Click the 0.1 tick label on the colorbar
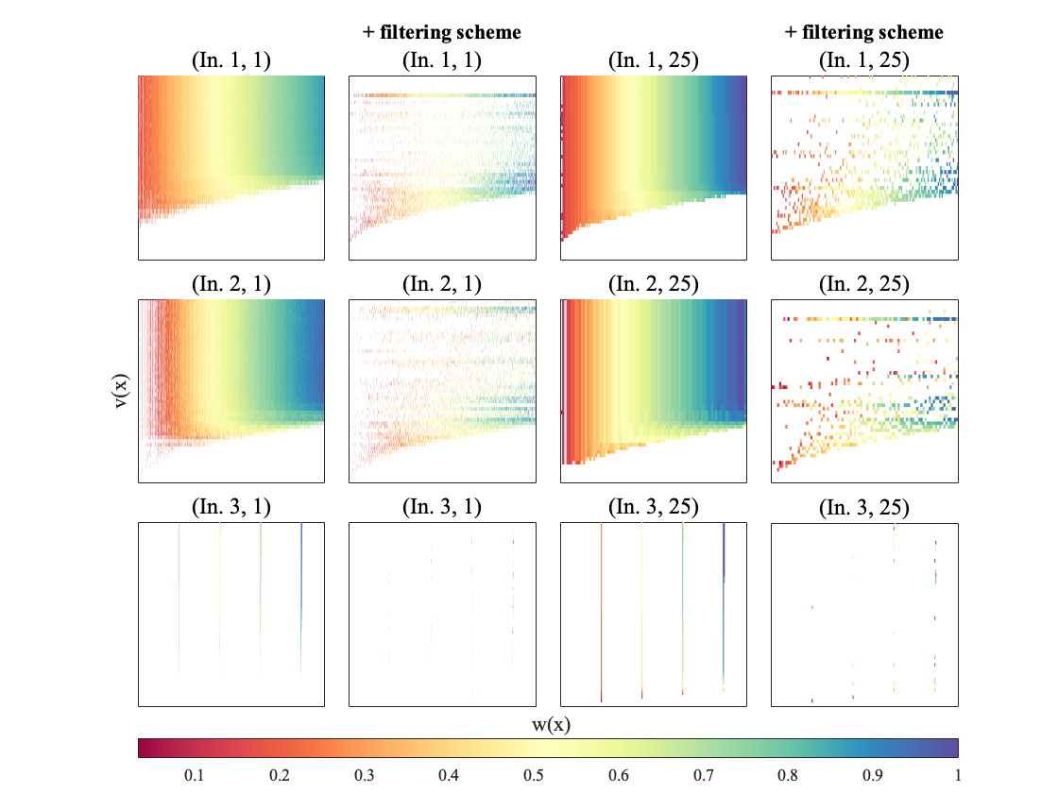[x=194, y=775]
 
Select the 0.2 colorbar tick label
[x=279, y=775]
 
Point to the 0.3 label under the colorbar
[x=364, y=775]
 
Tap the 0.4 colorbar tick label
[x=449, y=775]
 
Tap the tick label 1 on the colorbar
[x=957, y=775]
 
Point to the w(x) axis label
[x=548, y=724]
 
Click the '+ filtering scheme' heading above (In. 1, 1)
[x=442, y=32]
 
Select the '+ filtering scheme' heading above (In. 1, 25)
[x=864, y=32]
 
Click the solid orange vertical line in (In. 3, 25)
[x=601, y=614]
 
